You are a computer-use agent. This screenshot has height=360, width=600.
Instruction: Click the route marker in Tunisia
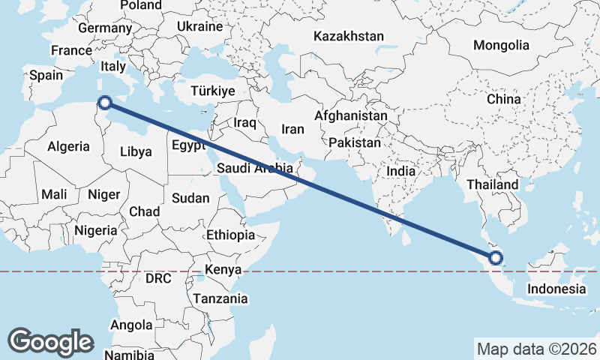tap(105, 102)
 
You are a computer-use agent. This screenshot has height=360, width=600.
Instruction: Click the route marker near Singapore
tap(496, 259)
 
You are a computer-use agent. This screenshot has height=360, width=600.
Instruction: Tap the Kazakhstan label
tap(349, 36)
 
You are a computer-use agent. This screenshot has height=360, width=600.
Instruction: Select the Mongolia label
tap(501, 45)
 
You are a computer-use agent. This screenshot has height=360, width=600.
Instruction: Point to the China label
tap(503, 99)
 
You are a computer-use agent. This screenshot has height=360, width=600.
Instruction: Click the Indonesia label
tap(556, 289)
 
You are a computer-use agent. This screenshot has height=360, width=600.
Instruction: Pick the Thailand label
tap(492, 184)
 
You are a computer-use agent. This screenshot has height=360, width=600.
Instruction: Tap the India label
tap(401, 171)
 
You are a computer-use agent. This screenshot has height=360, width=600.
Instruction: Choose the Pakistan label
tap(355, 142)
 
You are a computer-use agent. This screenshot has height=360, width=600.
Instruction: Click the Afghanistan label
tap(351, 116)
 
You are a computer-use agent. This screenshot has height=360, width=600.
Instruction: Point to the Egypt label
tap(187, 145)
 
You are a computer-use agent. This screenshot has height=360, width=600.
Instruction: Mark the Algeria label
tap(68, 147)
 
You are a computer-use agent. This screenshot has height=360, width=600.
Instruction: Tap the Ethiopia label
tap(230, 235)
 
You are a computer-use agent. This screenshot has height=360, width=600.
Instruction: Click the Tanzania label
tap(220, 298)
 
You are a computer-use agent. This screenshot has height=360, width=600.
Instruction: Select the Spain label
tap(46, 75)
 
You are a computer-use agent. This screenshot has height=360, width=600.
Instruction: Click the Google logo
tap(50, 341)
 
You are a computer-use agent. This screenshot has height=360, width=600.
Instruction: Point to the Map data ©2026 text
tap(536, 349)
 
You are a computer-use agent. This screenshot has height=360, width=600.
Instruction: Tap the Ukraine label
tap(200, 26)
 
